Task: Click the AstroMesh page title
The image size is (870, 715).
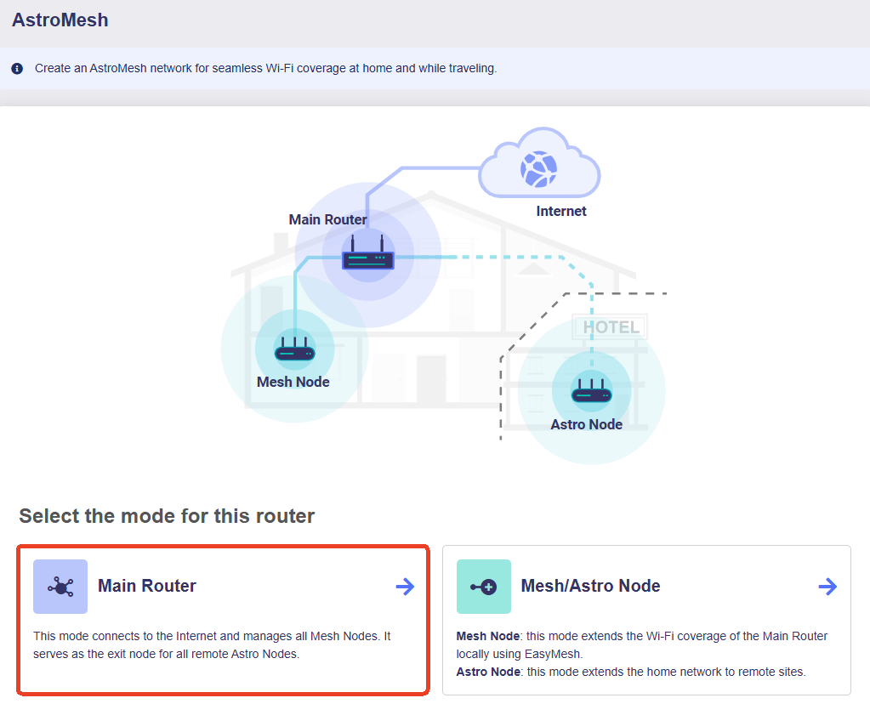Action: (x=60, y=20)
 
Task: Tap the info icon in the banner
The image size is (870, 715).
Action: (x=17, y=68)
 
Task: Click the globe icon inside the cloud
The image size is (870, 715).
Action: (x=538, y=168)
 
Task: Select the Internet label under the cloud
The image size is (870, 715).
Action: (x=561, y=211)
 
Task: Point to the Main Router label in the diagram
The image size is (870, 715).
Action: (x=327, y=219)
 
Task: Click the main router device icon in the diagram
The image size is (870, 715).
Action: (x=368, y=253)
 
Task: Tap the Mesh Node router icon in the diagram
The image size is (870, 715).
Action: (x=294, y=349)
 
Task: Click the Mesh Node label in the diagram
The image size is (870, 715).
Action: (x=293, y=382)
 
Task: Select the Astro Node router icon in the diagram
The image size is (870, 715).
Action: (x=591, y=390)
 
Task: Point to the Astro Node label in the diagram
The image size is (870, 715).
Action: (x=587, y=424)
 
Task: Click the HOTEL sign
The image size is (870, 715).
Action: (x=611, y=326)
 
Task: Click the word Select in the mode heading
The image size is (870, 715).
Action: (x=49, y=516)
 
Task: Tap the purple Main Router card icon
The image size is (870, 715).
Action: (x=60, y=587)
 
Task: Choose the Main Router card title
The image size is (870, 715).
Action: (x=147, y=586)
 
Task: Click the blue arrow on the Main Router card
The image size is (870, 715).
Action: (x=405, y=587)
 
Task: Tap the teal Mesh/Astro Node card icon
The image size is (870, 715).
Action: (x=484, y=587)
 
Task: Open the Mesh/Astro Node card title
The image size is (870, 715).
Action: (x=590, y=586)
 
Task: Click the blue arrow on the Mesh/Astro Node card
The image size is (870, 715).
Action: (x=827, y=587)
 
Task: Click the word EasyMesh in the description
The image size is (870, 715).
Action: (x=553, y=654)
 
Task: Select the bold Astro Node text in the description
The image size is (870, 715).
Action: (x=488, y=672)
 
